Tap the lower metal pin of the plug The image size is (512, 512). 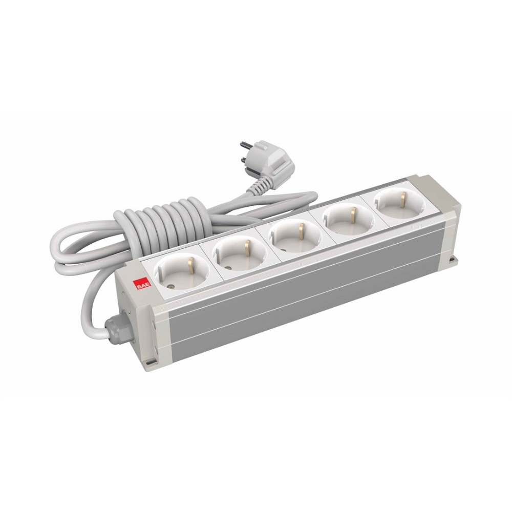pos(243,160)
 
